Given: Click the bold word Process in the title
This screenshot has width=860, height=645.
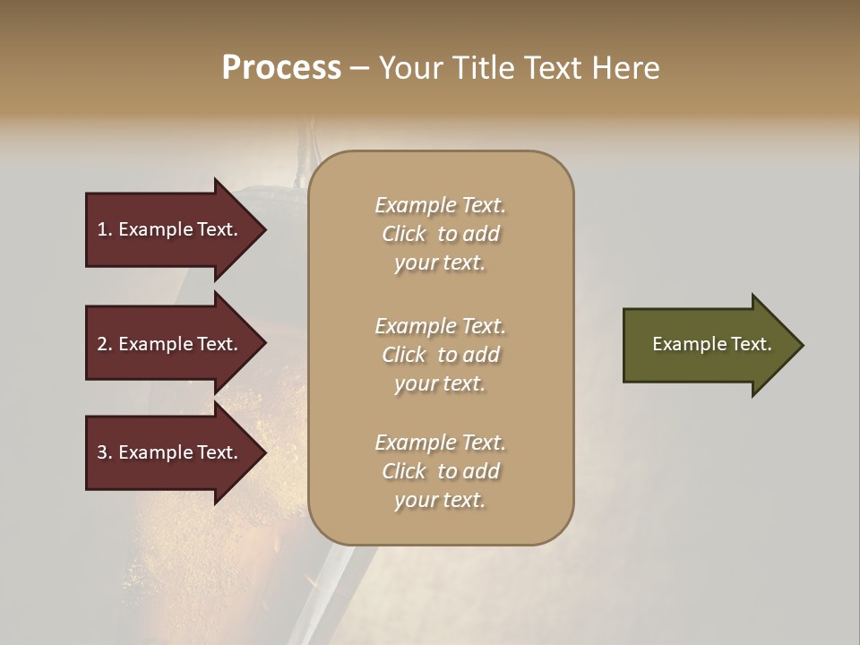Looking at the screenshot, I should (281, 68).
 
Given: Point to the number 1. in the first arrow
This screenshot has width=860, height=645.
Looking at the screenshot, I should (105, 229).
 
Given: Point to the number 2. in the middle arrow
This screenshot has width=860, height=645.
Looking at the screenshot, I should (105, 344).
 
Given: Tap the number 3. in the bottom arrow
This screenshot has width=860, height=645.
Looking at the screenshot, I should (105, 452).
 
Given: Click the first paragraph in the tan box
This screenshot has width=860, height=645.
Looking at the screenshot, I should (440, 234).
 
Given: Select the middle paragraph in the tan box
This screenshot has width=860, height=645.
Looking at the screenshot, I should (440, 355).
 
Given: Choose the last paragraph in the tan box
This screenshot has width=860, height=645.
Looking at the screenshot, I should (440, 471).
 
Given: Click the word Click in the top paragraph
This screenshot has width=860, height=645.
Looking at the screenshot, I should (404, 234).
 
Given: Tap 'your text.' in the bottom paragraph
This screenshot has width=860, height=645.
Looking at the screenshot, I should (440, 500).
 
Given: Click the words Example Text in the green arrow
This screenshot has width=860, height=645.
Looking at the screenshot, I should (712, 344).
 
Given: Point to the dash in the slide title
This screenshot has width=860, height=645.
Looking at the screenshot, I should (359, 68).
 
